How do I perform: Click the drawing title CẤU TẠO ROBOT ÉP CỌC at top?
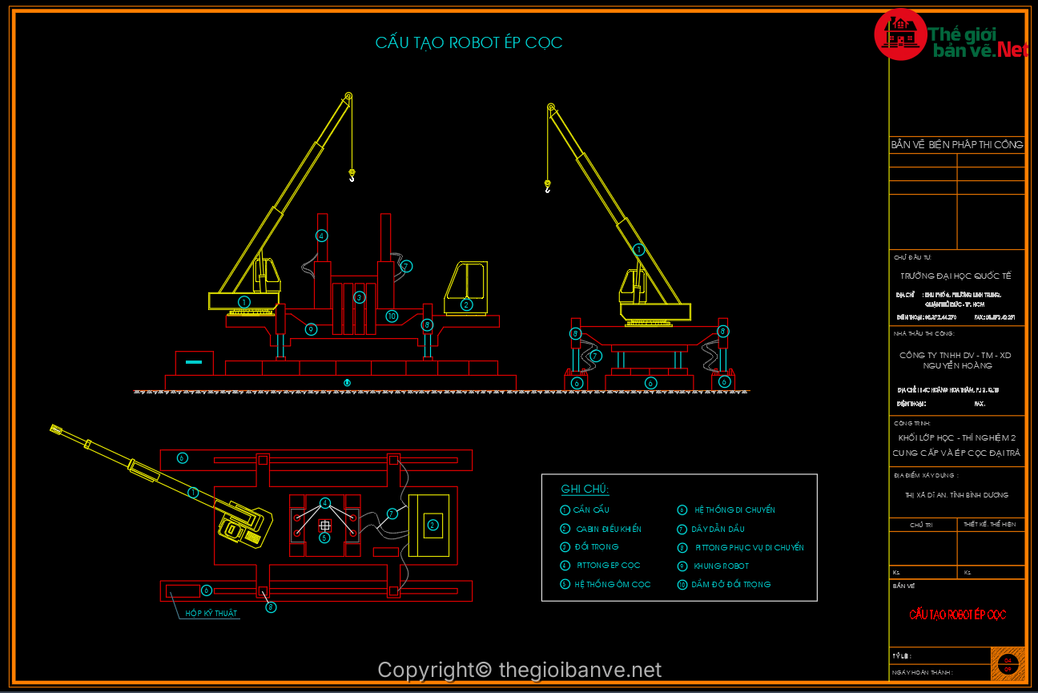pos(469,43)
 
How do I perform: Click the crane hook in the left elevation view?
pos(351,175)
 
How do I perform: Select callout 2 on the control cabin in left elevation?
pos(466,304)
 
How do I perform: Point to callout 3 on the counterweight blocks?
pos(360,297)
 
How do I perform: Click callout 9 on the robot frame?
pos(312,328)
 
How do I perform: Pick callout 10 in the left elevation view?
pos(391,316)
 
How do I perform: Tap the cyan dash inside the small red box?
pos(194,362)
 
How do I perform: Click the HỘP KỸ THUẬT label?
pos(211,614)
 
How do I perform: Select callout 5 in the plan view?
pos(324,538)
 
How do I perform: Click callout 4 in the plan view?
pos(324,503)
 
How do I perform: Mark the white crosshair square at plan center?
pos(324,526)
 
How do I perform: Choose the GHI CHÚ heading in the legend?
pos(585,490)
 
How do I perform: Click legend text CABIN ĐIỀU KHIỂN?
pos(608,529)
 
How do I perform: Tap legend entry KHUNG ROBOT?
pos(721,566)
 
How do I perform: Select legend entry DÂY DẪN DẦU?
pos(718,529)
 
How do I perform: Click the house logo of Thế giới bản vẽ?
pos(900,34)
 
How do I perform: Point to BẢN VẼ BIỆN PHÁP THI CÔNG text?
pos(956,145)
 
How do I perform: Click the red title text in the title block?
pos(957,614)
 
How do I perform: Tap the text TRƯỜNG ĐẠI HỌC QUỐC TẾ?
pos(956,276)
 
